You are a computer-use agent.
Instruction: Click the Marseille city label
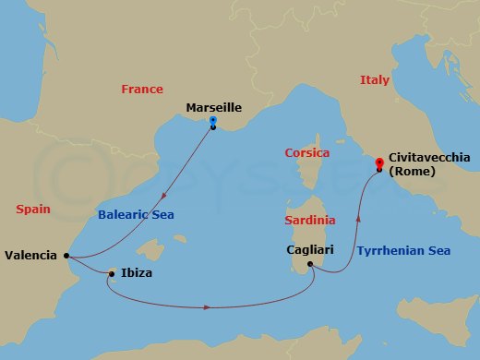pyautogui.click(x=213, y=107)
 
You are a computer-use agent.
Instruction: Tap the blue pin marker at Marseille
pyautogui.click(x=213, y=121)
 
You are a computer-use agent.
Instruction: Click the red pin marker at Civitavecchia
pyautogui.click(x=379, y=165)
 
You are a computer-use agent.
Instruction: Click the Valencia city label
pyautogui.click(x=30, y=255)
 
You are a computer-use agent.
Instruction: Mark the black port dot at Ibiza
pyautogui.click(x=112, y=273)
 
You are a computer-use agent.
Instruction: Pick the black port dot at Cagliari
pyautogui.click(x=310, y=265)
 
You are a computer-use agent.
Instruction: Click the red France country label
pyautogui.click(x=142, y=90)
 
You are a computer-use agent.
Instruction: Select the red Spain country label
pyautogui.click(x=32, y=210)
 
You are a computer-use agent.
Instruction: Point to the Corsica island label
pyautogui.click(x=307, y=152)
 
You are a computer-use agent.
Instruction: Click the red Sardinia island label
pyautogui.click(x=309, y=221)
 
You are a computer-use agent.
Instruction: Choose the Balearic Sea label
pyautogui.click(x=136, y=215)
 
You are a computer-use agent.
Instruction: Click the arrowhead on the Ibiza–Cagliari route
pyautogui.click(x=210, y=306)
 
